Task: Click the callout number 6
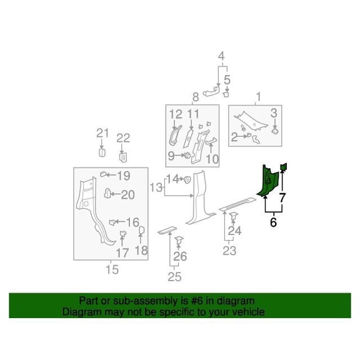273,222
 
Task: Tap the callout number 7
282,197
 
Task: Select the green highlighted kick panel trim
267,181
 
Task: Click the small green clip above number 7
284,167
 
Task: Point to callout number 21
102,133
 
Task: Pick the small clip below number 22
123,157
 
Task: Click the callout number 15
112,269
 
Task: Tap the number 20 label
128,195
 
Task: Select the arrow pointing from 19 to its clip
111,175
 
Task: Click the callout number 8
196,97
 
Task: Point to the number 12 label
176,114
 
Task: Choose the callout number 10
212,159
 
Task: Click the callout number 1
259,97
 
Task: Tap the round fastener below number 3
275,131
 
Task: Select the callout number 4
221,56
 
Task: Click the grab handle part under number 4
211,92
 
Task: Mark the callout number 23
229,251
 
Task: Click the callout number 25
174,277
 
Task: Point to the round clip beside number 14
187,179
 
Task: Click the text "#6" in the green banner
197,301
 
